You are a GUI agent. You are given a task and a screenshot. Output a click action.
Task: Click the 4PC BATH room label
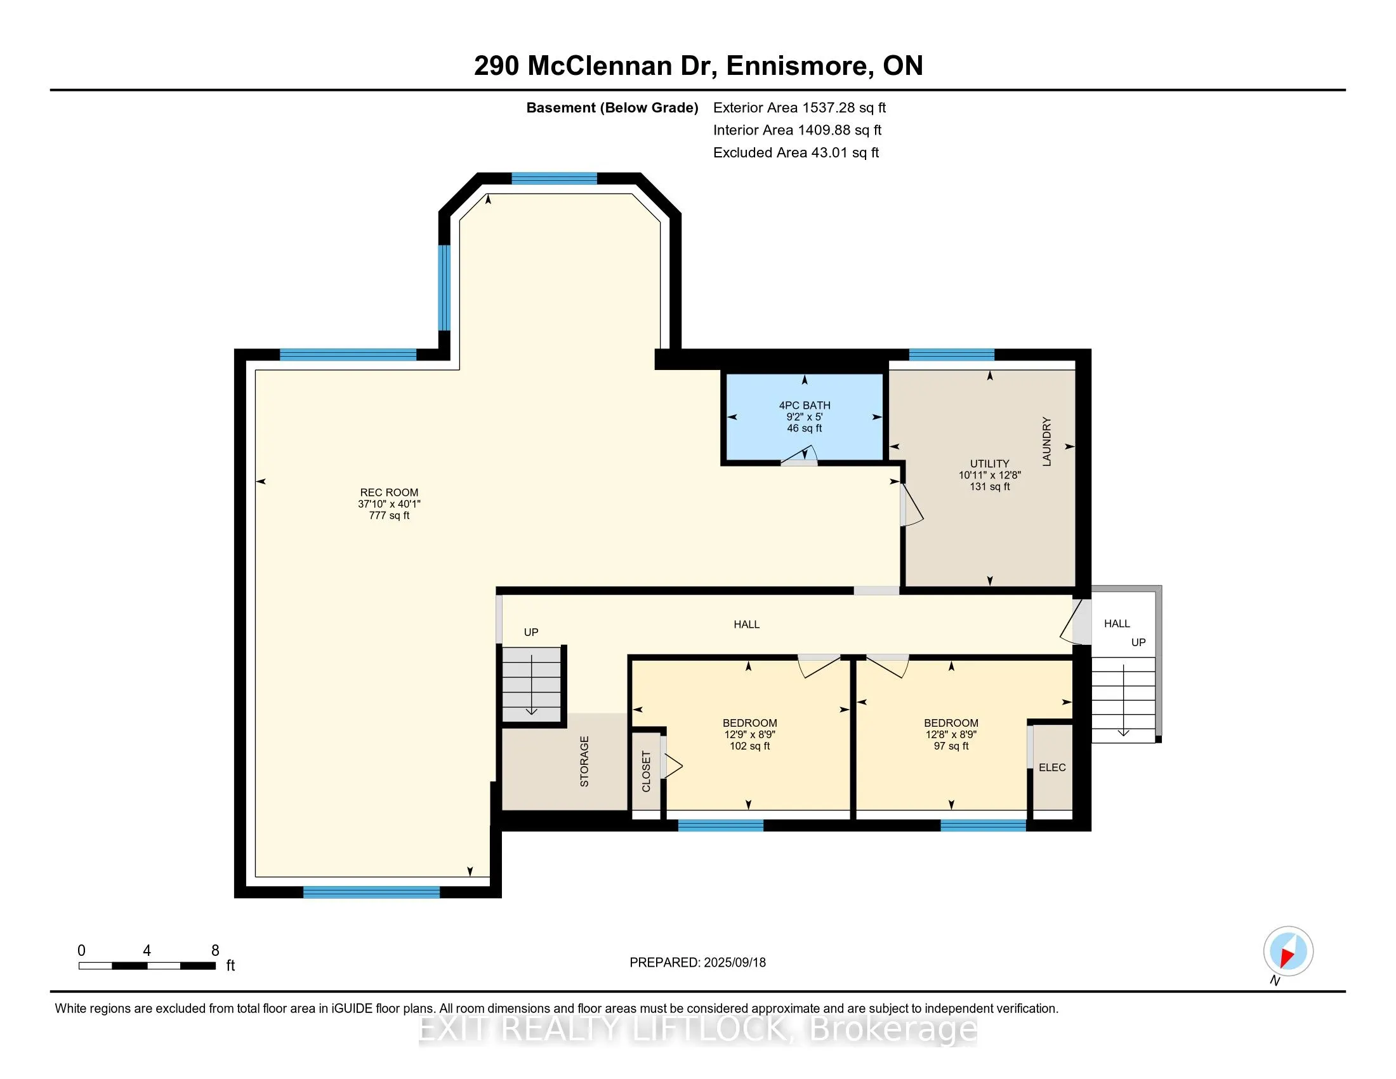pos(804,406)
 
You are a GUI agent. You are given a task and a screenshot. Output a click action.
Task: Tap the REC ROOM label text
pos(388,492)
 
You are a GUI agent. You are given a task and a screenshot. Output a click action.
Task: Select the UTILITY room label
pos(989,463)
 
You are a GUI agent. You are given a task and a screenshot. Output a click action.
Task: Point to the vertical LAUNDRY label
pos(1046,442)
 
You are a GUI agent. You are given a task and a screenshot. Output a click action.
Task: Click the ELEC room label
pos(1051,767)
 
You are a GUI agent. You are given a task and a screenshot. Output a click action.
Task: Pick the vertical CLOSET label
pos(645,771)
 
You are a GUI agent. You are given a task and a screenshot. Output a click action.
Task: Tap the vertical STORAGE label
pos(584,760)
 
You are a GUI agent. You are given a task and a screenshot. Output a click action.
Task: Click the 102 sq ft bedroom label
pos(750,734)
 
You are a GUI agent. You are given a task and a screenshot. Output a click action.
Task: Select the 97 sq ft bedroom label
pos(951,734)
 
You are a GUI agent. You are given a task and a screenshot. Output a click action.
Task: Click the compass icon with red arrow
pos(1288,951)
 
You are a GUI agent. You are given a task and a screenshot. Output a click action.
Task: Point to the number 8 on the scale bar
pos(215,950)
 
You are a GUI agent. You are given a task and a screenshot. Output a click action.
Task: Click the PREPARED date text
pos(697,962)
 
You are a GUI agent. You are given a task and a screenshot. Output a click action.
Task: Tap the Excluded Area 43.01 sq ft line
pos(796,153)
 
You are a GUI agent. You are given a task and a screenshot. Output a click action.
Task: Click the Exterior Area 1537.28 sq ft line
pos(799,108)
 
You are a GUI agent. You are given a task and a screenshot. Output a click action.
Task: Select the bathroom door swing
pos(800,454)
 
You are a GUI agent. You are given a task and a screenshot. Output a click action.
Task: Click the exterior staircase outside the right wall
pos(1123,699)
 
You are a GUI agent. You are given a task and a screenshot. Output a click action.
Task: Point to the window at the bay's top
pos(554,178)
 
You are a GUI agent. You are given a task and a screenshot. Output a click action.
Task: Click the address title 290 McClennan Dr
pos(698,66)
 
